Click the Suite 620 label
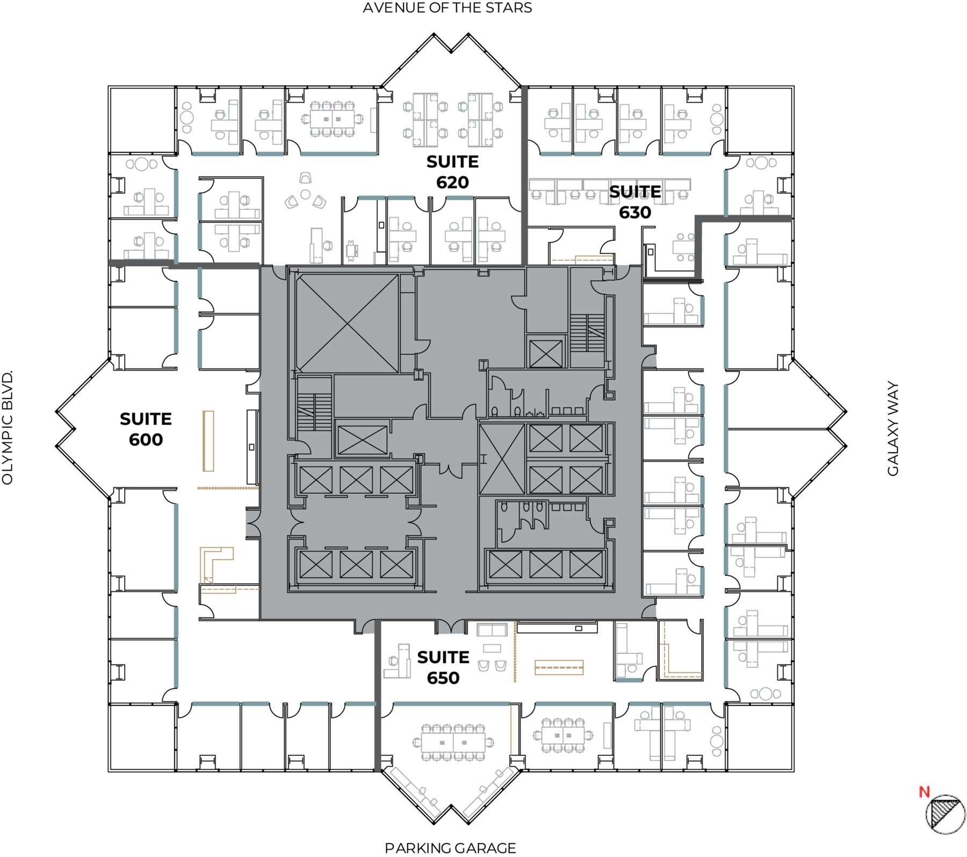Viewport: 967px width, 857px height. coord(452,172)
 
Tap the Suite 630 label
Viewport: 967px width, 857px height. coord(635,202)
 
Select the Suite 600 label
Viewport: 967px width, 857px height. coord(146,429)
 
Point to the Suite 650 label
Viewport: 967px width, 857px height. coord(443,667)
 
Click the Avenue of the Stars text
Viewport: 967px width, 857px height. coord(448,8)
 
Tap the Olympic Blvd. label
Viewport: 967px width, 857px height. coord(8,428)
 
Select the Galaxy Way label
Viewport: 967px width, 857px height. coord(893,429)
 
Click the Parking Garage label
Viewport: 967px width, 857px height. coord(450,848)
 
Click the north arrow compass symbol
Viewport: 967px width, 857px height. coord(946,815)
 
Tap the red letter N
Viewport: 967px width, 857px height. coord(924,791)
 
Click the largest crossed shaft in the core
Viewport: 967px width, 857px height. coord(348,323)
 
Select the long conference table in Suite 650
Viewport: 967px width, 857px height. coord(453,742)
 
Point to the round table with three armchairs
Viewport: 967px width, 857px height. coord(305,193)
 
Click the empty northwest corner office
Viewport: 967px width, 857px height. coord(143,120)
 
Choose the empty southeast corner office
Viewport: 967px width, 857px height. coord(760,737)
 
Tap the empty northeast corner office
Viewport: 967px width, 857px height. coord(760,120)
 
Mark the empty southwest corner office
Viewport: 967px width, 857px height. coord(143,737)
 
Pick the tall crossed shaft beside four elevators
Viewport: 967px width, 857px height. coord(502,459)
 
